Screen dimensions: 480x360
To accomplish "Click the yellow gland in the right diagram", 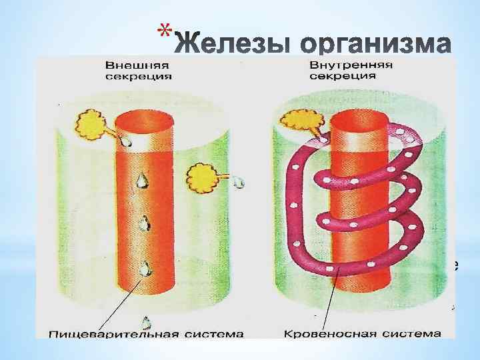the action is tap(297, 121).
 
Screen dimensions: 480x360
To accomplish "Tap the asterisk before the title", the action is tap(167, 31).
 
